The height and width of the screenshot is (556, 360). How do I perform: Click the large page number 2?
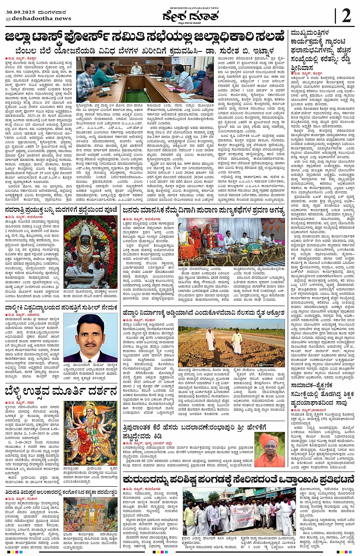pos(346,16)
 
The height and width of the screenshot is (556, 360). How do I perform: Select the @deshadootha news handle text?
pos(38,18)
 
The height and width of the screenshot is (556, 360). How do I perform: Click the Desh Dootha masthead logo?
pos(190,16)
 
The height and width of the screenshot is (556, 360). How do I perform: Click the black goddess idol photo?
pos(90,252)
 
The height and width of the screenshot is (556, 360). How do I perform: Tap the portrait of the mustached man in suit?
pos(90,338)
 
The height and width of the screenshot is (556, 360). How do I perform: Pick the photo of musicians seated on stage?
pos(231,242)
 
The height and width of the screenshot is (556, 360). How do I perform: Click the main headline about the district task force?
pos(145,38)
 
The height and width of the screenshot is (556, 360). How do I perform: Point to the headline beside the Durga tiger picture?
pos(61,391)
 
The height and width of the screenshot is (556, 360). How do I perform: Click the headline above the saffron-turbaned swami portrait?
pos(194,431)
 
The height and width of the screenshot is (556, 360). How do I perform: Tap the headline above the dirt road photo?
pos(204,313)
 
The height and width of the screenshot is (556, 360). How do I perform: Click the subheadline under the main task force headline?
pos(145,51)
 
